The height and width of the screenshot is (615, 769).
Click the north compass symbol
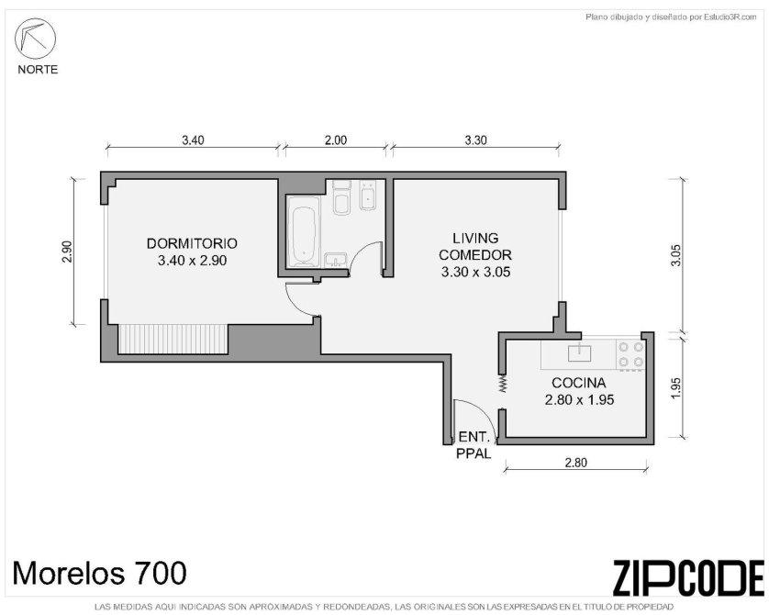tap(35, 39)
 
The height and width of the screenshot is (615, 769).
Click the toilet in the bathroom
tap(342, 197)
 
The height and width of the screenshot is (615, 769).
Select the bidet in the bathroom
tap(367, 196)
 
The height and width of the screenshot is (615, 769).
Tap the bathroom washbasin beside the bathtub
tap(337, 260)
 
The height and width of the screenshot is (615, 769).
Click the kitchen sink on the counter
tap(579, 353)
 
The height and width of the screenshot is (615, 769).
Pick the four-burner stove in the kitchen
tap(630, 354)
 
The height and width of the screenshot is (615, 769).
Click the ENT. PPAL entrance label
tap(474, 445)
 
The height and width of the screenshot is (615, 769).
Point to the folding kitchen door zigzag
tap(503, 383)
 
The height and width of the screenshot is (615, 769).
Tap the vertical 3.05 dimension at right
tap(676, 255)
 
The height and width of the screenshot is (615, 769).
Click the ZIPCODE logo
tap(688, 577)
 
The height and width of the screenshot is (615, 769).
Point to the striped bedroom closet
tap(173, 339)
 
